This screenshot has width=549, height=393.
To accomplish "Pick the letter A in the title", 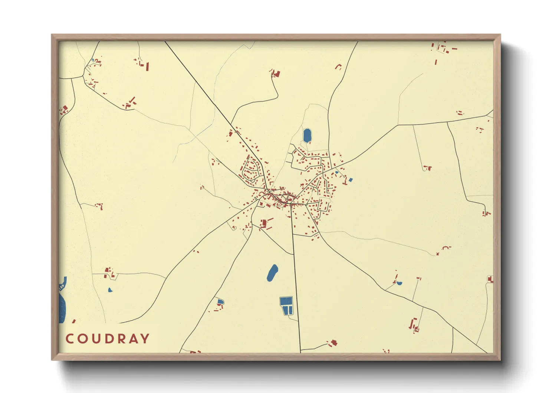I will [x=132, y=338].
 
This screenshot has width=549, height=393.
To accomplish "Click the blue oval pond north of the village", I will [x=307, y=136].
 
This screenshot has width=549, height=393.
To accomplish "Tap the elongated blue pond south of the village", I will [x=272, y=273].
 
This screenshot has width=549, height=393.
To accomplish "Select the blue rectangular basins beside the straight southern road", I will [x=286, y=306].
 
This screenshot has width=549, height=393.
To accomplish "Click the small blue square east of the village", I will [x=351, y=180].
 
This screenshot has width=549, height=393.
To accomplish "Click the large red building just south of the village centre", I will [x=264, y=223].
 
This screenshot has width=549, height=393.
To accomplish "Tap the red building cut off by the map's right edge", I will [x=490, y=279].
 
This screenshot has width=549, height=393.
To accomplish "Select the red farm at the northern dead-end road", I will [x=275, y=74].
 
